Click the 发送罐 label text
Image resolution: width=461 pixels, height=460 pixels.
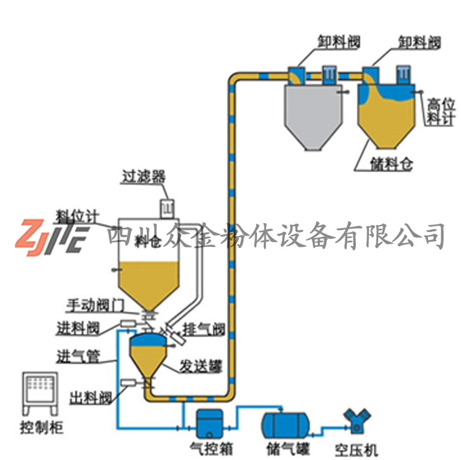pos(197,365)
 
